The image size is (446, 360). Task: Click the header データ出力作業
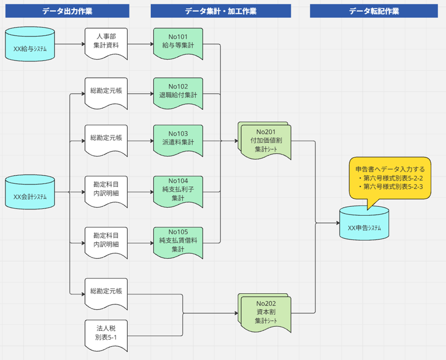pyautogui.click(x=67, y=11)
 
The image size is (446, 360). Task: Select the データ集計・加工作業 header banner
pyautogui.click(x=220, y=11)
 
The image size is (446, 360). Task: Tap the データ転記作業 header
pyautogui.click(x=374, y=11)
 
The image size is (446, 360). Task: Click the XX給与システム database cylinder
pyautogui.click(x=30, y=44)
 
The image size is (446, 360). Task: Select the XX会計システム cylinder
pyautogui.click(x=30, y=193)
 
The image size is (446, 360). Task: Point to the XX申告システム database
pyautogui.click(x=364, y=223)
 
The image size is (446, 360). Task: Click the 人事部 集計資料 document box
pyautogui.click(x=106, y=42)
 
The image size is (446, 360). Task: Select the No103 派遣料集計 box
pyautogui.click(x=178, y=139)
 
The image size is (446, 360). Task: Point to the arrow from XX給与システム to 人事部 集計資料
pyautogui.click(x=70, y=44)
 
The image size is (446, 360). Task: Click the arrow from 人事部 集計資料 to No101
pyautogui.click(x=140, y=44)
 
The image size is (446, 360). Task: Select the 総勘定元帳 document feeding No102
pyautogui.click(x=106, y=91)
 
